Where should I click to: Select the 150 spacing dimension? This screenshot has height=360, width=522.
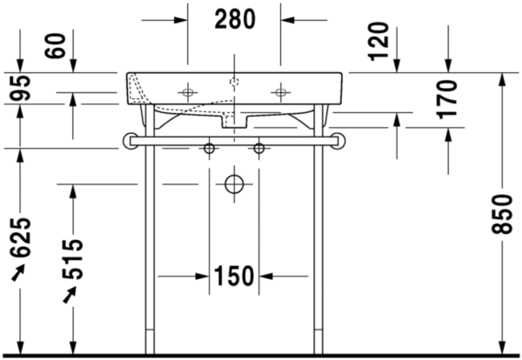point(234,277)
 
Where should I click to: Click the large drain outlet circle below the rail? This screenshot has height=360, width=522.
point(234,183)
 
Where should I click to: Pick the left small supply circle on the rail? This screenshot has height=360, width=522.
point(209,149)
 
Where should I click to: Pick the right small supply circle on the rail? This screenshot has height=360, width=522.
point(258,149)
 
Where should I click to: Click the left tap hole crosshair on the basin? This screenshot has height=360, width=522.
point(188,90)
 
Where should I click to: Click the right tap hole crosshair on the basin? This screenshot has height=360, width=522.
point(281,90)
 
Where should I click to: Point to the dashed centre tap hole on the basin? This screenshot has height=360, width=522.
point(234,83)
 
